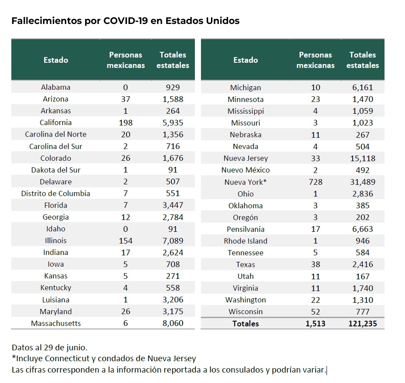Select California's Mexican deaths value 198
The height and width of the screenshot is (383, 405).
pyautogui.click(x=126, y=122)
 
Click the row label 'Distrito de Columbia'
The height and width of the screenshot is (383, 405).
pyautogui.click(x=56, y=193)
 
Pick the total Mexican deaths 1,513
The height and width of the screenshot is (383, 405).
pyautogui.click(x=316, y=324)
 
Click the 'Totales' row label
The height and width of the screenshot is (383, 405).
pyautogui.click(x=245, y=324)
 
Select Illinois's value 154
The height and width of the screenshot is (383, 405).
pyautogui.click(x=126, y=241)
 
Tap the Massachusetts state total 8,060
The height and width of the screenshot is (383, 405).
pyautogui.click(x=173, y=323)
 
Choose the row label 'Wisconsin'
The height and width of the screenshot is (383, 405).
pyautogui.click(x=245, y=312)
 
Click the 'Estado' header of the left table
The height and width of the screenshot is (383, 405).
pyautogui.click(x=56, y=60)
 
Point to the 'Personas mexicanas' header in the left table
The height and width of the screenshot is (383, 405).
pyautogui.click(x=126, y=60)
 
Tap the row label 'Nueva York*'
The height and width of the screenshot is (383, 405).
pyautogui.click(x=245, y=182)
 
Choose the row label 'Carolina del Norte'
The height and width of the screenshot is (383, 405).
pyautogui.click(x=56, y=134)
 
